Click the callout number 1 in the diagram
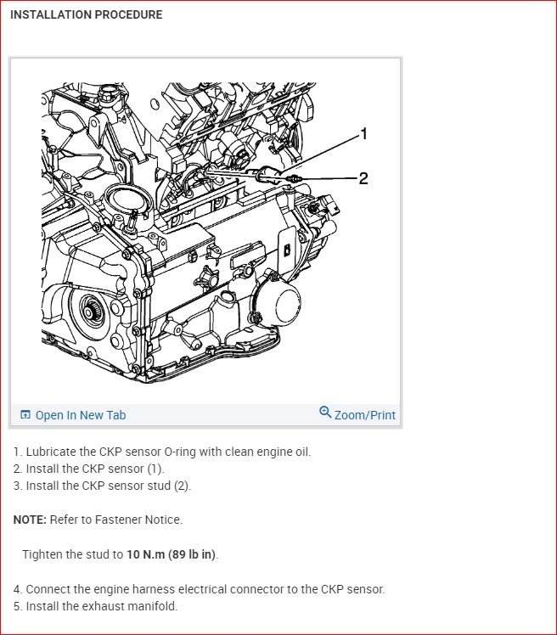click(x=363, y=133)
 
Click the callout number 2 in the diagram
click(x=363, y=178)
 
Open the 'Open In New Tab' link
click(x=81, y=415)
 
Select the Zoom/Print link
click(x=364, y=415)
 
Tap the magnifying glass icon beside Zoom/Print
click(x=325, y=412)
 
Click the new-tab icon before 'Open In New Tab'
click(x=25, y=414)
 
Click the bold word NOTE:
click(x=30, y=520)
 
